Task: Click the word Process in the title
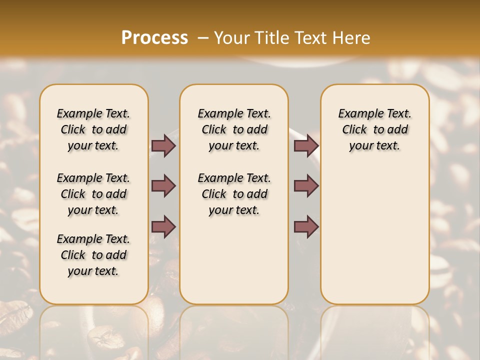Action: [x=154, y=37]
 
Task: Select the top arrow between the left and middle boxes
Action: [x=163, y=146]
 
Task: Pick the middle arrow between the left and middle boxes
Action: [x=163, y=186]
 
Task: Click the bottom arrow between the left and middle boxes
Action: [x=163, y=226]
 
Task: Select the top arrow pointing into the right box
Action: [x=306, y=146]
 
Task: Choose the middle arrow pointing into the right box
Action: [x=306, y=186]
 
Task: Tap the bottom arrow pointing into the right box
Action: [x=306, y=226]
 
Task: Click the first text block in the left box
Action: [x=93, y=129]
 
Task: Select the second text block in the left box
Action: [x=93, y=194]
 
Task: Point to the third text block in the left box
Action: [x=93, y=255]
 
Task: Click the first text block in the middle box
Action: [x=234, y=129]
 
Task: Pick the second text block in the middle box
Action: [x=234, y=194]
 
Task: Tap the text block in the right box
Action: [x=374, y=129]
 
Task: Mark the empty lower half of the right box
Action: [x=374, y=240]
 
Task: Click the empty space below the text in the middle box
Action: [x=234, y=260]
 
